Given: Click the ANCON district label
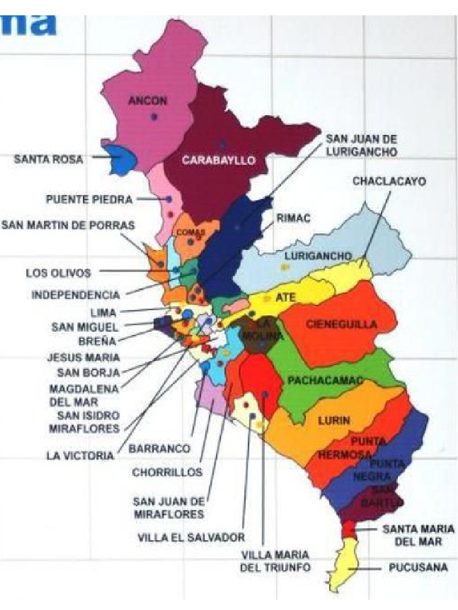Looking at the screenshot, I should tap(148, 101).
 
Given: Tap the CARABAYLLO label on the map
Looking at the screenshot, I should tap(219, 160).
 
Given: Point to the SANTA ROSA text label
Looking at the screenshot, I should tap(49, 160).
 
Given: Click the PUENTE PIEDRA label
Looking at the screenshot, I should tap(89, 200).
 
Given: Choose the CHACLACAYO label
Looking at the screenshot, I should tap(389, 181).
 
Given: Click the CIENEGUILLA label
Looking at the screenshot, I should tap(342, 325).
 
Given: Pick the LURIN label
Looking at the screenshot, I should tap(334, 421).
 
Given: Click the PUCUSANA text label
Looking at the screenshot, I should tap(418, 568).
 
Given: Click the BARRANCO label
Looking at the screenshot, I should tap(160, 449).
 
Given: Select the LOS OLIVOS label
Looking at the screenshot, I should tap(58, 273).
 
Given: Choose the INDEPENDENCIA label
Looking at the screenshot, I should tap(76, 294).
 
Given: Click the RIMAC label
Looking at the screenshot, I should tap(293, 219).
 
